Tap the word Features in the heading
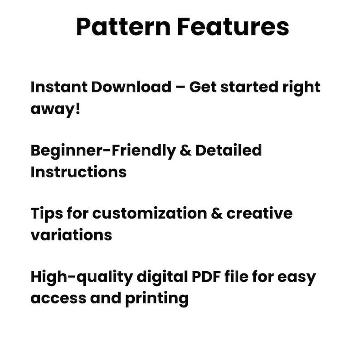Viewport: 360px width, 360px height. pyautogui.click(x=233, y=27)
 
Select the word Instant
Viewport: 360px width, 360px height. pyautogui.click(x=58, y=87)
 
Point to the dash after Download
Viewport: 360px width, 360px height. pyautogui.click(x=180, y=88)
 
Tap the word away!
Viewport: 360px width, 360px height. pyautogui.click(x=55, y=109)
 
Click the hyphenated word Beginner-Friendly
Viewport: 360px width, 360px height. pyautogui.click(x=102, y=150)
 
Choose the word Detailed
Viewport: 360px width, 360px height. pyautogui.click(x=229, y=150)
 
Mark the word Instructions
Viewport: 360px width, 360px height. pyautogui.click(x=78, y=172)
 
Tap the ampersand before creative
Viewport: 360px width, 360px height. pyautogui.click(x=217, y=214)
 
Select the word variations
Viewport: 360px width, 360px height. pyautogui.click(x=71, y=235)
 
